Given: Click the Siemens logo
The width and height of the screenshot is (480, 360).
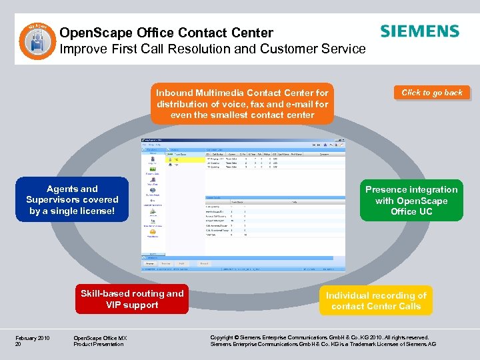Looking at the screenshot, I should [x=419, y=31].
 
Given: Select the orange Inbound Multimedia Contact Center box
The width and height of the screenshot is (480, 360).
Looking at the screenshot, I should [x=242, y=103].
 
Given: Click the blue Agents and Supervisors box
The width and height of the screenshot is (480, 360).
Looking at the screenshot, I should [x=72, y=199].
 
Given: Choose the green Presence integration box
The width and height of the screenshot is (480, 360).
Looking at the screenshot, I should [x=411, y=200].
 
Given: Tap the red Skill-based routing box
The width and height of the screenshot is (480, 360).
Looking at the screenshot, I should [x=132, y=299].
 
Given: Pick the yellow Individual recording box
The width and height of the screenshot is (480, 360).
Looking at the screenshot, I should [x=376, y=301].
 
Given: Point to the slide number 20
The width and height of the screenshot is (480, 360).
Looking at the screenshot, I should [x=18, y=344].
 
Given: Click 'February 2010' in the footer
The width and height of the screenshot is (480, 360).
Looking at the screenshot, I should [x=31, y=337].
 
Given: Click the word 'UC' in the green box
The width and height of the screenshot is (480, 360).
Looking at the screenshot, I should [x=425, y=211].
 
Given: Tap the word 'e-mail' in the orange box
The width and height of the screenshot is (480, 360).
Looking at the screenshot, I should [x=298, y=104].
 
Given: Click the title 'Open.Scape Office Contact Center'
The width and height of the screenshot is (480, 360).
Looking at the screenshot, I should [x=166, y=32].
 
